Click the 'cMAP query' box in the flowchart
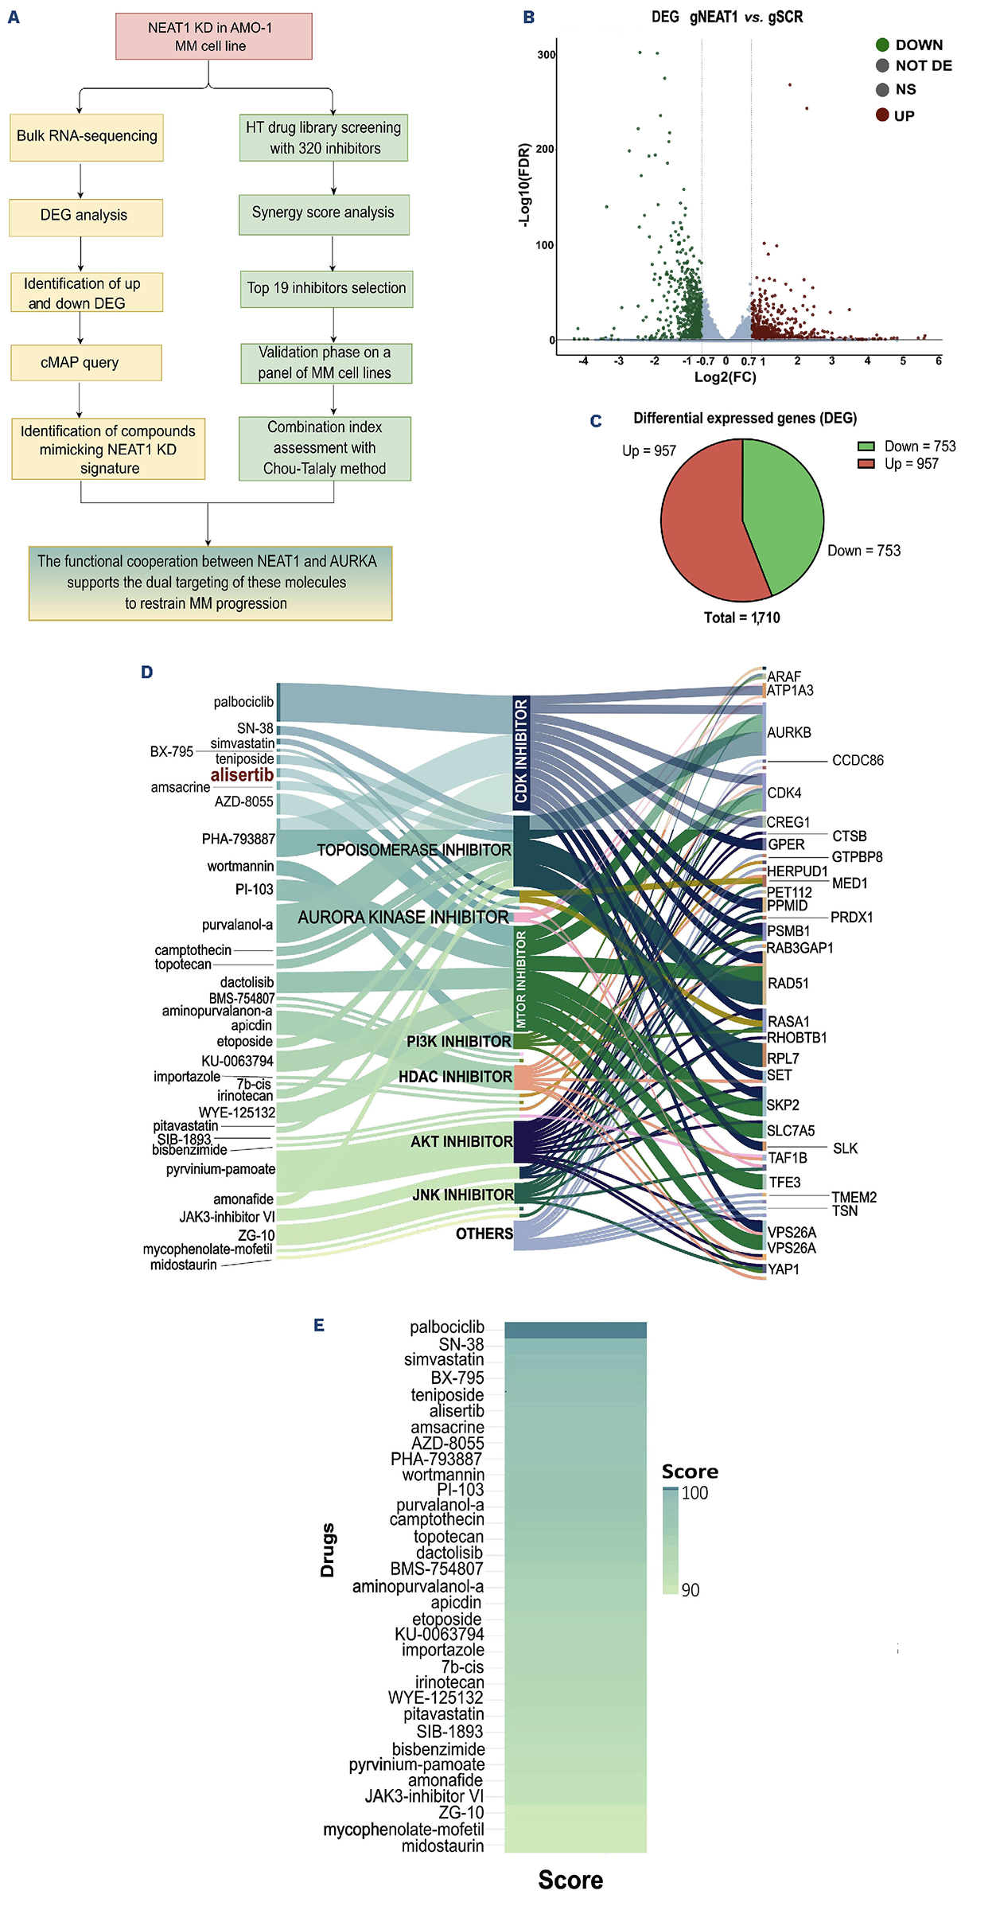pyautogui.click(x=86, y=363)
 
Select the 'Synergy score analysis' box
pyautogui.click(x=324, y=213)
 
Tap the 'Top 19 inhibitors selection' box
pyautogui.click(x=326, y=288)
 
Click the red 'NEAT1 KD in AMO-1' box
pyautogui.click(x=213, y=37)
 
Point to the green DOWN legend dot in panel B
pyautogui.click(x=882, y=45)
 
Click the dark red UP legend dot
pyautogui.click(x=882, y=115)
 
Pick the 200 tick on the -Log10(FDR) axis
pyautogui.click(x=545, y=149)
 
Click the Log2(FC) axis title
pyautogui.click(x=725, y=377)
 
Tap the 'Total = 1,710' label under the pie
pyautogui.click(x=741, y=618)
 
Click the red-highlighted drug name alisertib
pyautogui.click(x=242, y=775)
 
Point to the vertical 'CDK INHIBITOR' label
pyautogui.click(x=521, y=751)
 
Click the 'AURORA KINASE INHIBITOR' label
pyautogui.click(x=403, y=918)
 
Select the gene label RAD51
pyautogui.click(x=788, y=984)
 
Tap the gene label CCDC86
pyautogui.click(x=857, y=761)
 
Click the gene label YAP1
pyautogui.click(x=784, y=1269)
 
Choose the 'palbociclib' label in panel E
pyautogui.click(x=446, y=1327)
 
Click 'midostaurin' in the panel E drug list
pyautogui.click(x=442, y=1846)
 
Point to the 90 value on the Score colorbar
pyautogui.click(x=690, y=1590)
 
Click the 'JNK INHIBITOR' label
pyautogui.click(x=462, y=1195)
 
